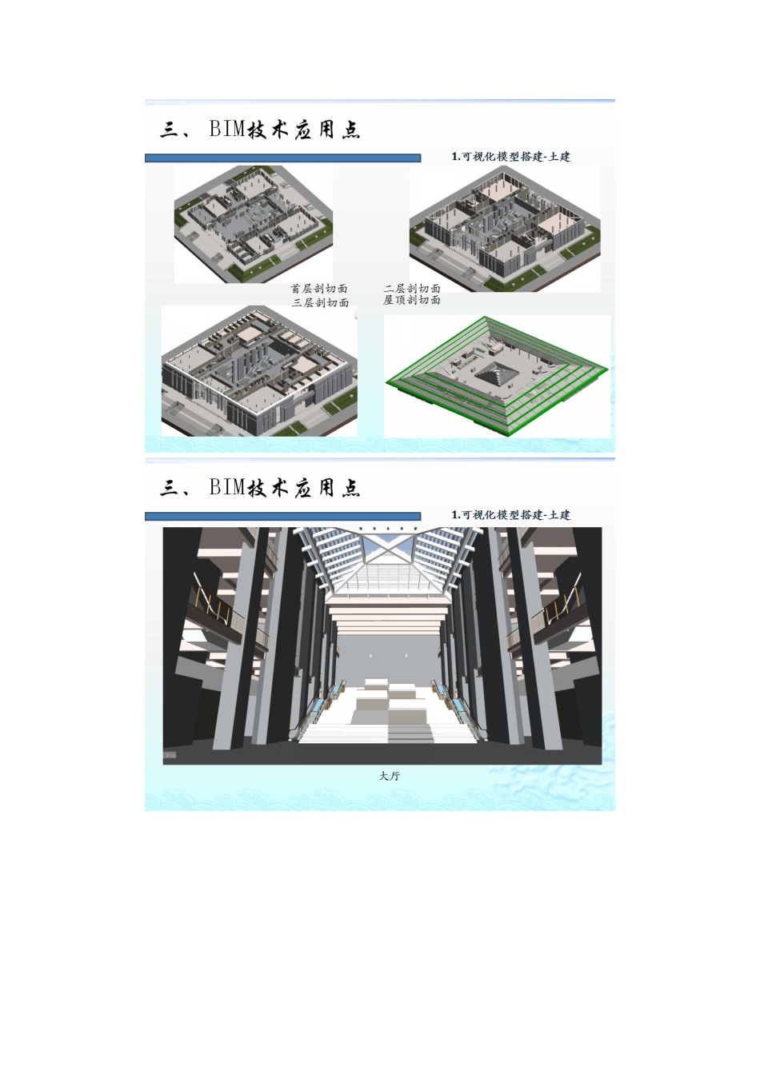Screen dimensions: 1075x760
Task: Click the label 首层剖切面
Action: coord(319,289)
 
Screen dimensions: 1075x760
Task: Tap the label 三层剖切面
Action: coord(320,303)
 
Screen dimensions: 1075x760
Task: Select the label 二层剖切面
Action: coord(412,288)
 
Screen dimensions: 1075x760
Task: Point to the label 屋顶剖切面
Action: coord(412,300)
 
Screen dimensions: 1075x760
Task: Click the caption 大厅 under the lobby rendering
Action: coord(390,776)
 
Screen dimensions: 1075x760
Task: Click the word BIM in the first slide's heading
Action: coord(226,130)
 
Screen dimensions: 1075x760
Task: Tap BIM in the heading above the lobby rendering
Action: coord(226,488)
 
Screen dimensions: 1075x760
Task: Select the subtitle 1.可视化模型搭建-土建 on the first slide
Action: coord(510,157)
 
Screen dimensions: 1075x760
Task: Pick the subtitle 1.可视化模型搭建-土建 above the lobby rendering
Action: coord(510,515)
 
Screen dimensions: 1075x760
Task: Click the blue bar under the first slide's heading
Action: coord(282,158)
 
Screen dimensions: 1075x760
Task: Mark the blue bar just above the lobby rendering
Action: coord(282,517)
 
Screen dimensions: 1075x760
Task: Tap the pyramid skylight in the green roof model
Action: coord(497,374)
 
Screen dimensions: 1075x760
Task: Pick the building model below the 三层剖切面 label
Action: coord(258,372)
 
